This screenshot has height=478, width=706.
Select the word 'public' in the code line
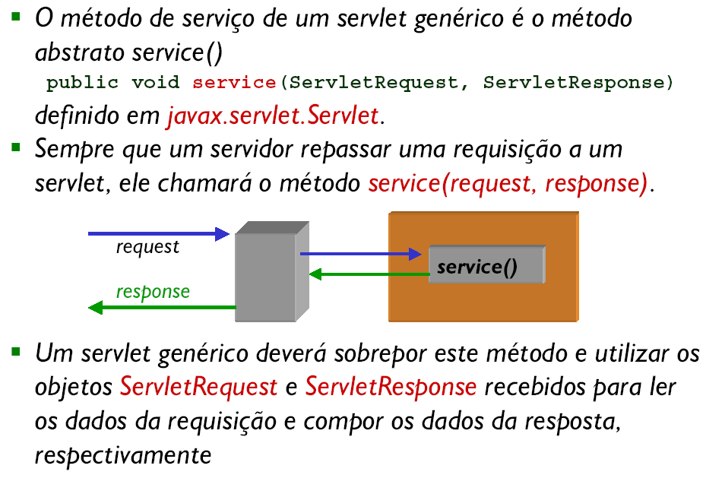[82, 83]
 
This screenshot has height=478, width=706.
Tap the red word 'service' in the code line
[234, 82]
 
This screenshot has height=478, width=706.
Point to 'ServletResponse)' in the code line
[578, 83]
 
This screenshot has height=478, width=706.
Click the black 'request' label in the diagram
[147, 247]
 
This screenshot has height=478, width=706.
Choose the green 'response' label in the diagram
[153, 292]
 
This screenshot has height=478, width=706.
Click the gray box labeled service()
[487, 264]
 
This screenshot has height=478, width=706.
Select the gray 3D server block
[272, 271]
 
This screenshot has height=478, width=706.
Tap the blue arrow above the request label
[159, 233]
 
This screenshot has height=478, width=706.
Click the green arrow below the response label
[162, 308]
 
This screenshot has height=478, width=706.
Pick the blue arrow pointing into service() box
[361, 254]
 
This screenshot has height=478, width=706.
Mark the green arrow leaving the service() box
[369, 274]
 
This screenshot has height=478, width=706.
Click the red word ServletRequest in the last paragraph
[198, 387]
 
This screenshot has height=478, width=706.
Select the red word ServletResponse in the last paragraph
[391, 387]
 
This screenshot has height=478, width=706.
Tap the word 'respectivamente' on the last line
[123, 455]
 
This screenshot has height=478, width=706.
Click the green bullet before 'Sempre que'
[16, 147]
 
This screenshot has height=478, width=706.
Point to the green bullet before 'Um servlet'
[16, 352]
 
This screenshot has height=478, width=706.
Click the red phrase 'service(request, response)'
[508, 184]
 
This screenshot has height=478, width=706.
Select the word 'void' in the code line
[155, 82]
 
